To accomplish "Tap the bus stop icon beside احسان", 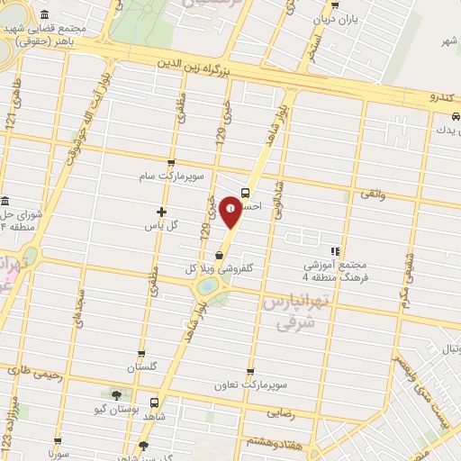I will point(247,192).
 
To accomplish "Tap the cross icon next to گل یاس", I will point(161,212).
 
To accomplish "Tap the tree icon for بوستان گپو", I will point(115,395).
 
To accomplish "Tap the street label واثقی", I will point(371,194).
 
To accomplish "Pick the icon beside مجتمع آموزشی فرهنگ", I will point(334,251).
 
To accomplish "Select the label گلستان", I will point(142,368).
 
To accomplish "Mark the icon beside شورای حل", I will point(6,201).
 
